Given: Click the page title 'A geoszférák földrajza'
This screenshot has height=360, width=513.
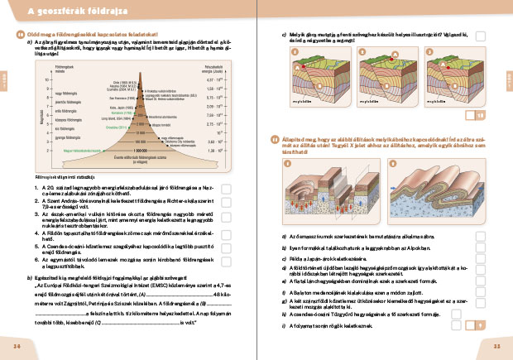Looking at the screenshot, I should pos(65,11).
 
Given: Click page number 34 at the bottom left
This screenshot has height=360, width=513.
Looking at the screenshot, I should pos(17,346).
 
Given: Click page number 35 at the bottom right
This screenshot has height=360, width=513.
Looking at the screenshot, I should pos(497,346).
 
